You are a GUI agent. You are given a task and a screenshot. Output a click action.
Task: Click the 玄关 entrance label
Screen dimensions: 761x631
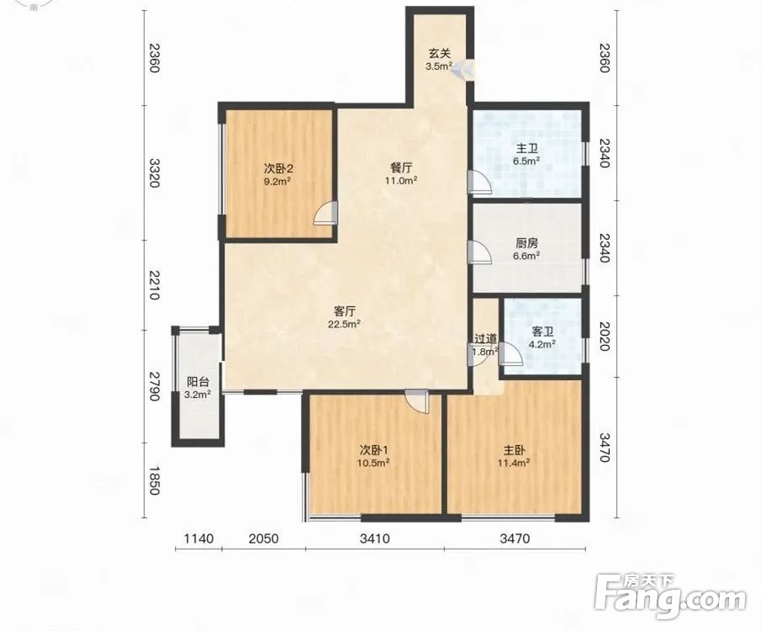pyautogui.click(x=439, y=53)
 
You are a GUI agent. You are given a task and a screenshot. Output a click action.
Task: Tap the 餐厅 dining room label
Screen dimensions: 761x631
pyautogui.click(x=401, y=168)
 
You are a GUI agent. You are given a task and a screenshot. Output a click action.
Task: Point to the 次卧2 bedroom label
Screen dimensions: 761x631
pyautogui.click(x=278, y=168)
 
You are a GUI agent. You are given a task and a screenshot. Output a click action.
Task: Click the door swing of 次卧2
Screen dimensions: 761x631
pyautogui.click(x=325, y=214)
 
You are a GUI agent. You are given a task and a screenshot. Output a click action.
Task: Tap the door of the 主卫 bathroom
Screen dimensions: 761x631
pyautogui.click(x=479, y=183)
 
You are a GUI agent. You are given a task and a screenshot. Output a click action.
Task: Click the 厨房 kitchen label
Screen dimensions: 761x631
pyautogui.click(x=526, y=243)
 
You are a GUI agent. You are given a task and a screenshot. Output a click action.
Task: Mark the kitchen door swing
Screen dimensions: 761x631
pyautogui.click(x=479, y=252)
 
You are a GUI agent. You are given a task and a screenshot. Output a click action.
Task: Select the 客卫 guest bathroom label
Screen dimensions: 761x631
pyautogui.click(x=542, y=331)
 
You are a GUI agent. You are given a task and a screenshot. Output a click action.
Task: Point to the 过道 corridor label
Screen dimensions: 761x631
pyautogui.click(x=485, y=338)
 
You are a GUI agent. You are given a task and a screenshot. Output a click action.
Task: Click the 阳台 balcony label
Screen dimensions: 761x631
pyautogui.click(x=198, y=382)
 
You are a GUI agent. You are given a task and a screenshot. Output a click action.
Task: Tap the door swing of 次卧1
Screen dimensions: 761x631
pyautogui.click(x=418, y=401)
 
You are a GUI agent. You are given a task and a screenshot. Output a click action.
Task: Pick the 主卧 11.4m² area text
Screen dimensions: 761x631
pyautogui.click(x=514, y=463)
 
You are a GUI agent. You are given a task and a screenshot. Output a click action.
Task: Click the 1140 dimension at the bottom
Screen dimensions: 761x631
pyautogui.click(x=199, y=538)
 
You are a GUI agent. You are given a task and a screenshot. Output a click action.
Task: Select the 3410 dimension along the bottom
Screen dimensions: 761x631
pyautogui.click(x=375, y=538)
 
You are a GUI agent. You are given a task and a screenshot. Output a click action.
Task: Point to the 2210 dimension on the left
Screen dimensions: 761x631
pyautogui.click(x=155, y=285)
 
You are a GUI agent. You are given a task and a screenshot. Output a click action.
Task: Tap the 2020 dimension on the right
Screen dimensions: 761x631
pyautogui.click(x=604, y=336)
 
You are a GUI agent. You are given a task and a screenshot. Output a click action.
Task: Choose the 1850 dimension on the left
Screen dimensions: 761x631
pyautogui.click(x=155, y=481)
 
